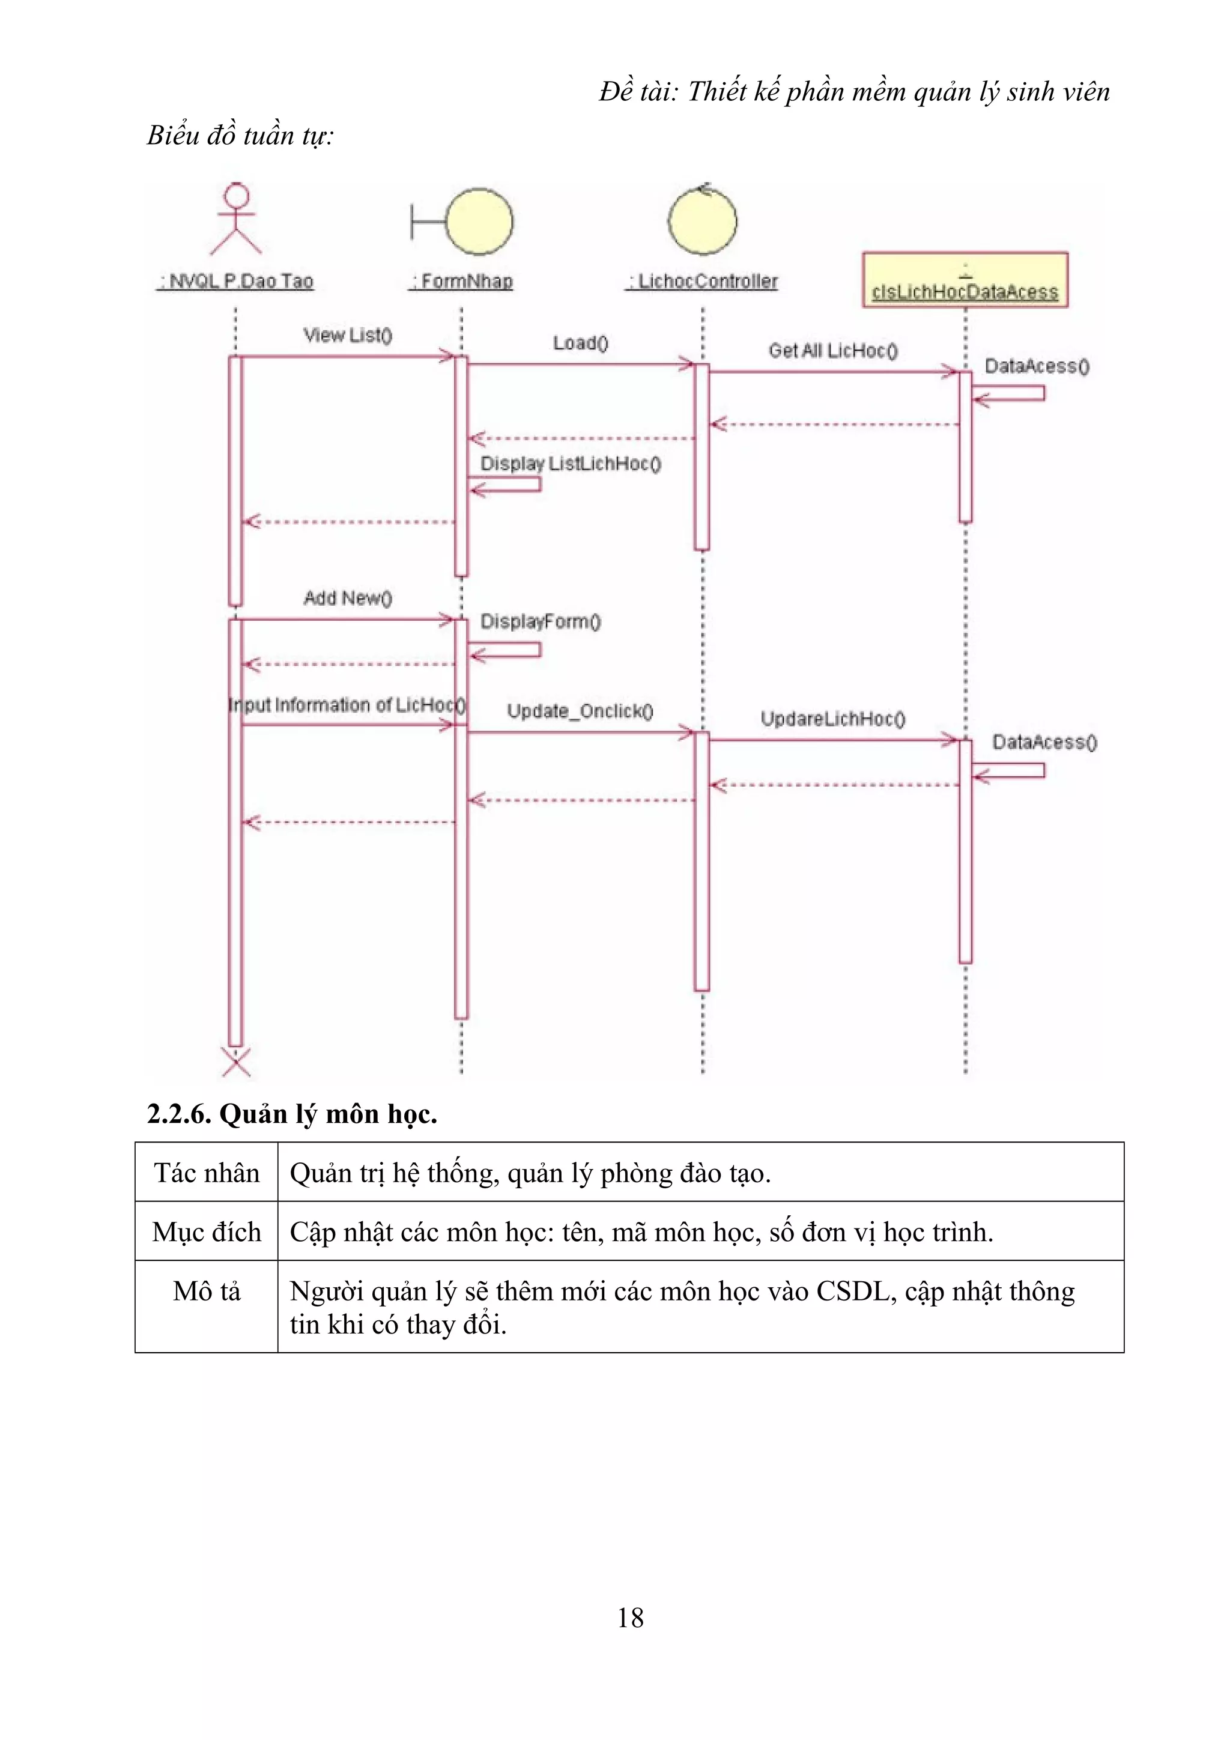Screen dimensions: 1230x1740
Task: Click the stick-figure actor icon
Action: click(235, 219)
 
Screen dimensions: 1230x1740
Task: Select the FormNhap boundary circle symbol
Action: click(479, 222)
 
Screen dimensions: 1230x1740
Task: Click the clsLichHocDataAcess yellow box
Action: click(965, 280)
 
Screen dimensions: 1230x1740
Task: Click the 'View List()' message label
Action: click(348, 335)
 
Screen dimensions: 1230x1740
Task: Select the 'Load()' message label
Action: click(581, 343)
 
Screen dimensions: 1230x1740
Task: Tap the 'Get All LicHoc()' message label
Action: click(833, 351)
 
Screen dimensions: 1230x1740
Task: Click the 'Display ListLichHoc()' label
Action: click(571, 464)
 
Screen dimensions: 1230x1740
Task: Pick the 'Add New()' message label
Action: click(348, 598)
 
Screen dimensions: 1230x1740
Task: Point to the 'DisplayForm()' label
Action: click(541, 621)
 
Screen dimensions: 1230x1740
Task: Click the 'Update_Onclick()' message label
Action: click(580, 711)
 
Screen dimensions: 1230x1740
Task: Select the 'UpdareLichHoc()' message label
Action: click(833, 719)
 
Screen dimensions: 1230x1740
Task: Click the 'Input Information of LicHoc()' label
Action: click(347, 705)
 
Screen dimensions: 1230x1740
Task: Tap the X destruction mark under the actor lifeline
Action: click(235, 1062)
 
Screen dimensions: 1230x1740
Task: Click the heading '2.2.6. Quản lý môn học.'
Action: click(292, 1114)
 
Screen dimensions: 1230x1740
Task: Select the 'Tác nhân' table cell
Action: click(206, 1173)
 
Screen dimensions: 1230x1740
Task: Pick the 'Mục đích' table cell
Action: click(206, 1231)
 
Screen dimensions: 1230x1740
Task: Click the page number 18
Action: click(630, 1618)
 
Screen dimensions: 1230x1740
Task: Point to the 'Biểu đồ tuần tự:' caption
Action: click(240, 135)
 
